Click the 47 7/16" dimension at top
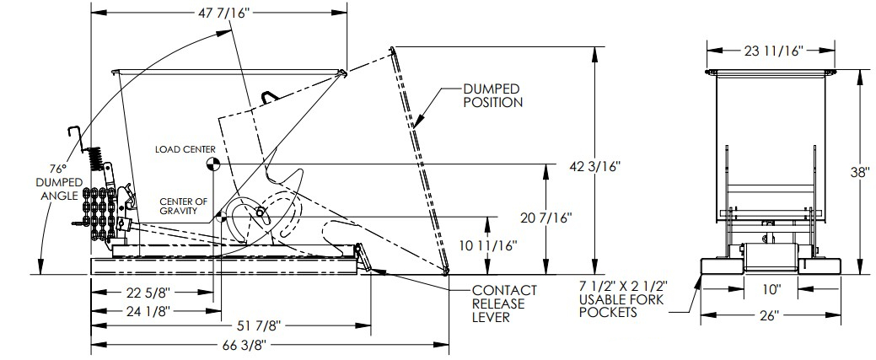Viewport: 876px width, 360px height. point(218,13)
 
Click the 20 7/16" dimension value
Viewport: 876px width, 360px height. point(548,218)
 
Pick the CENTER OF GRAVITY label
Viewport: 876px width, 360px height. point(184,206)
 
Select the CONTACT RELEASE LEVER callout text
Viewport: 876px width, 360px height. point(503,304)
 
